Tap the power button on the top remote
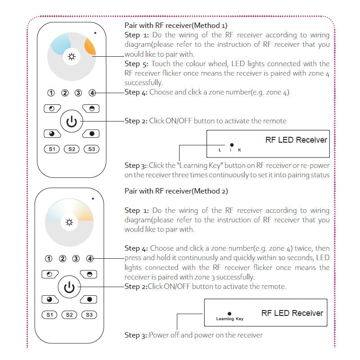72,121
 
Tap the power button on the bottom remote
69,287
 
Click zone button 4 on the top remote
92,93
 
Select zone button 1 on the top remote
51,93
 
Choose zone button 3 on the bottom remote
76,258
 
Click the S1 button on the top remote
52,149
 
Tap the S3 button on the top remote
91,149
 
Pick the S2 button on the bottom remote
69,315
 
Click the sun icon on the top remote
71,57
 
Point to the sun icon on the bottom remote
69,222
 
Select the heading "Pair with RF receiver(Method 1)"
176,25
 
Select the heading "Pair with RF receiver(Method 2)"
176,191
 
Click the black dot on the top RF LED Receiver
232,145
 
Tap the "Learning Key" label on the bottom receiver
229,319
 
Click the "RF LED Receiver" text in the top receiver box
296,140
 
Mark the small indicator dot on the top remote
95,33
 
